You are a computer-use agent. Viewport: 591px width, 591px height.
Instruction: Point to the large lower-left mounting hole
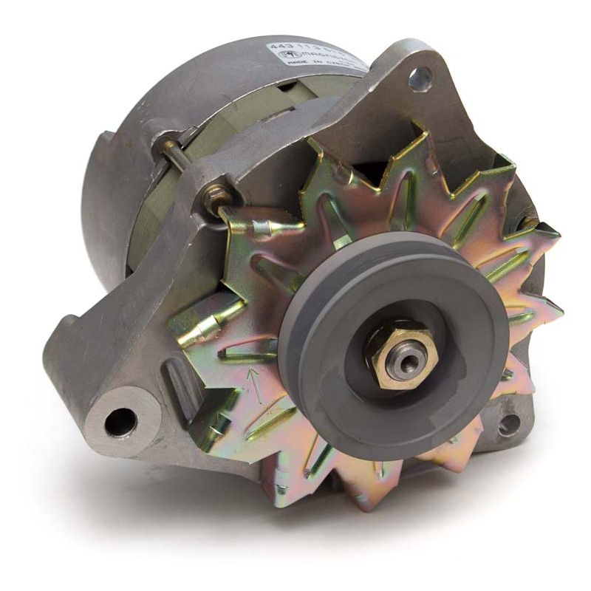120,423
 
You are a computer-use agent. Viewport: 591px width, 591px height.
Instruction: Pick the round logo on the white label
284,56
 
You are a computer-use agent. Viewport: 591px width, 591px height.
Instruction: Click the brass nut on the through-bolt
217,197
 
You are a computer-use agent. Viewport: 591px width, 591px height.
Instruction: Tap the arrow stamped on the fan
254,383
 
